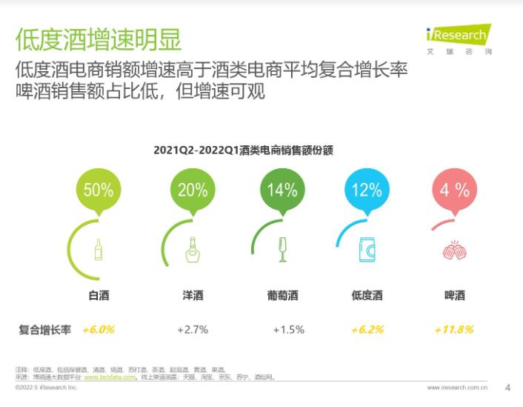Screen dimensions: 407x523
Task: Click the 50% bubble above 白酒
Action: (99, 190)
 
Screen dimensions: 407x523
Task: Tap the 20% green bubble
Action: (193, 190)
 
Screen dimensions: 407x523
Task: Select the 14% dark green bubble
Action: (282, 190)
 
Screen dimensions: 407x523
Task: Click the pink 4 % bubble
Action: (454, 190)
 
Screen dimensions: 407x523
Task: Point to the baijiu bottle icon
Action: (99, 249)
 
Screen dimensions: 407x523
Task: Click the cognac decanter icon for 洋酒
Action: (193, 250)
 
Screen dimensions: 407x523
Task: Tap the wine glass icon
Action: (282, 250)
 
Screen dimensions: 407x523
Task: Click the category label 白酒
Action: (99, 296)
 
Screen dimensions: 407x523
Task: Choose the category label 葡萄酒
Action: (282, 296)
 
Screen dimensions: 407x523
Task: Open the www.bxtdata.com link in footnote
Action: (110, 377)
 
